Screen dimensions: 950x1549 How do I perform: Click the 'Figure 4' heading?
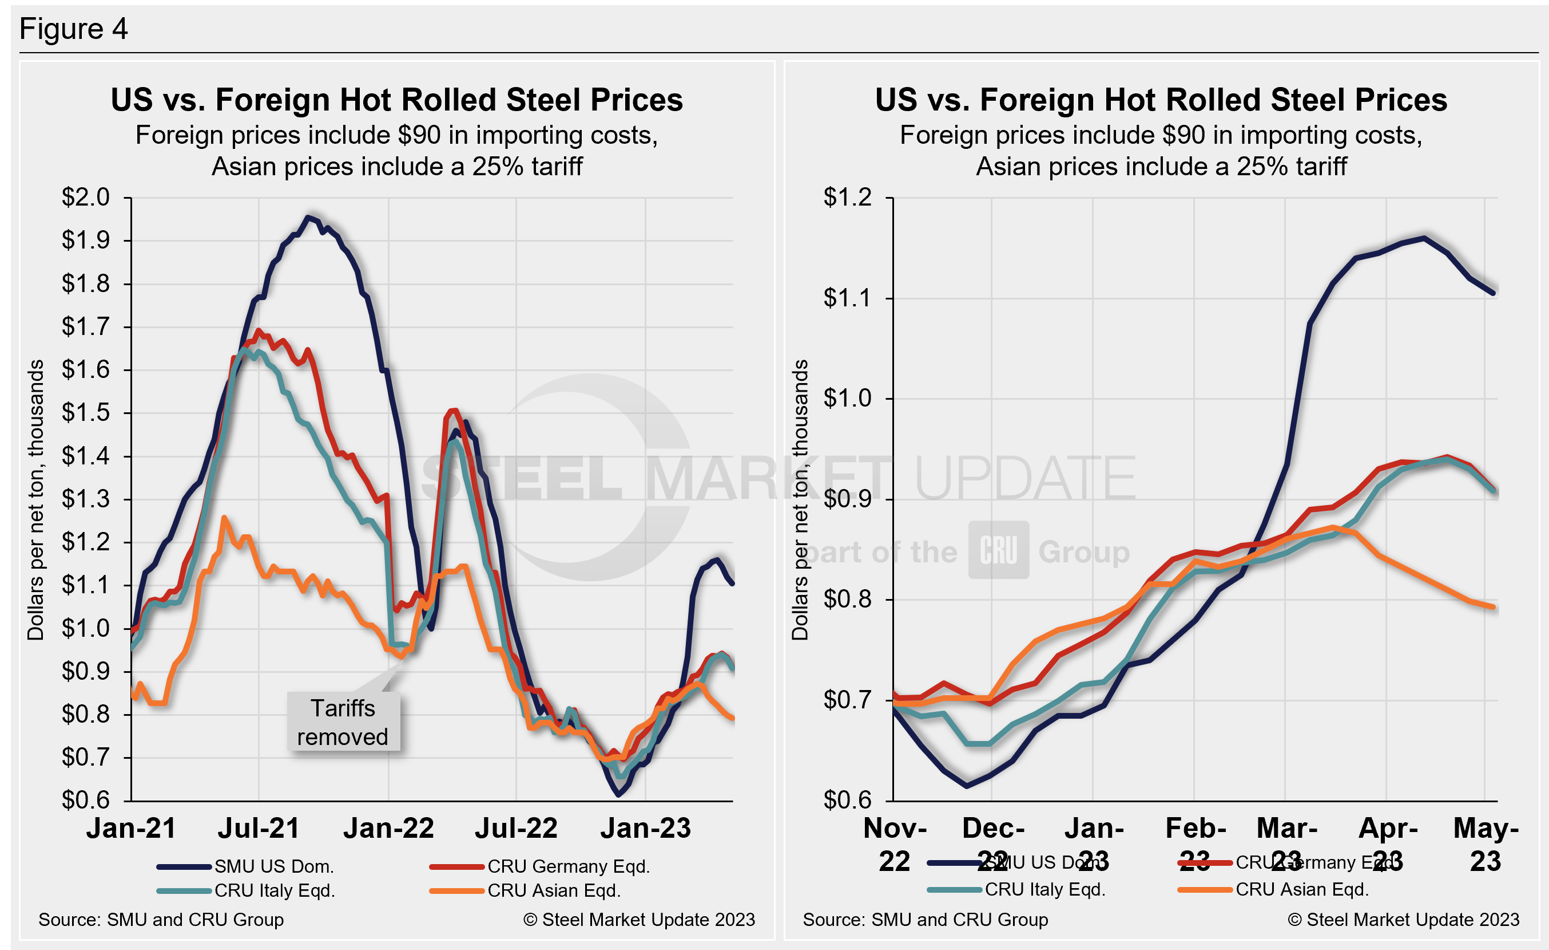click(x=74, y=29)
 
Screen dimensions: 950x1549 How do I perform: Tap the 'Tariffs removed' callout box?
click(x=343, y=722)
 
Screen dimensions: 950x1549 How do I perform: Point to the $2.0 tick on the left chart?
click(x=85, y=198)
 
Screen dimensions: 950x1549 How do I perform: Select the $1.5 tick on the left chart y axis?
click(x=85, y=413)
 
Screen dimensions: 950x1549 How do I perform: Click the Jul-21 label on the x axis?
click(x=259, y=828)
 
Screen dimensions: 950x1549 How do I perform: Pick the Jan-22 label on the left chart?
click(x=388, y=828)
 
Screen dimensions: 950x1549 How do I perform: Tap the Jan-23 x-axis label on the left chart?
click(x=646, y=828)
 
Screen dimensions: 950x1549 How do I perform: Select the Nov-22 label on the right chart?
click(x=895, y=843)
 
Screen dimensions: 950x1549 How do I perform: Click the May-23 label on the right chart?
click(x=1486, y=843)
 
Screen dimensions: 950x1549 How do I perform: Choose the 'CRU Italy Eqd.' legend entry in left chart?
click(x=274, y=891)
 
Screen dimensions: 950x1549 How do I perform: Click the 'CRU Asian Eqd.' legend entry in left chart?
click(x=554, y=891)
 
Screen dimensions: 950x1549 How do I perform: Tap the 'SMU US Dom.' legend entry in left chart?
click(x=273, y=867)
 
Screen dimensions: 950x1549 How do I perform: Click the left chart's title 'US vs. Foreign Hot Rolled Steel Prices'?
click(x=396, y=100)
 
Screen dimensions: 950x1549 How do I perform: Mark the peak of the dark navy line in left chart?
click(x=307, y=217)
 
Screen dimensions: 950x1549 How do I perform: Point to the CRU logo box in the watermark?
click(x=998, y=550)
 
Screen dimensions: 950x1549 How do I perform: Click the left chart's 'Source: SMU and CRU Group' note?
click(x=161, y=920)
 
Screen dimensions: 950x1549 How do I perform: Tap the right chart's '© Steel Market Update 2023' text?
click(x=1403, y=920)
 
